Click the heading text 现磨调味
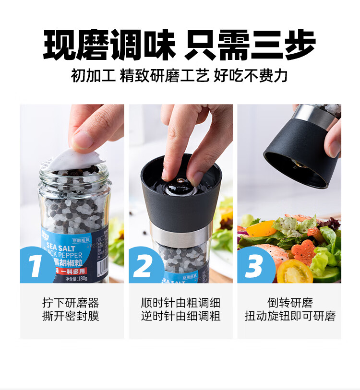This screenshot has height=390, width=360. click(x=110, y=45)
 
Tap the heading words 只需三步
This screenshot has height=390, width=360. click(x=250, y=45)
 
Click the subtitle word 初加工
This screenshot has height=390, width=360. click(x=93, y=76)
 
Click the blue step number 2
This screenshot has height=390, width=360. click(x=144, y=265)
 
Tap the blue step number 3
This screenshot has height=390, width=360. click(x=254, y=265)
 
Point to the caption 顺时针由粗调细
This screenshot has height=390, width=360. click(x=180, y=303)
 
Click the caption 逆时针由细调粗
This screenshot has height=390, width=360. click(x=180, y=317)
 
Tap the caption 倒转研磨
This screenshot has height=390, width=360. click(x=289, y=303)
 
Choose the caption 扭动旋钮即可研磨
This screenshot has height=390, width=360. click(x=289, y=317)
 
